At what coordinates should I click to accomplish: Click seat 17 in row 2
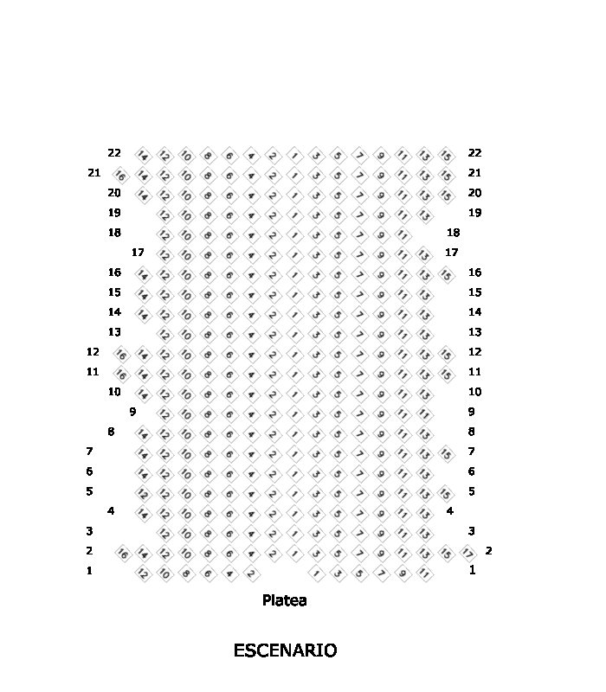point(467,553)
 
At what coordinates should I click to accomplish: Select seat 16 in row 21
point(121,175)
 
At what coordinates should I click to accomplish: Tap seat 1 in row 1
point(316,573)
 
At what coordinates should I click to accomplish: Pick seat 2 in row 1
point(251,573)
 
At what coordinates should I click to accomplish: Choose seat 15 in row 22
point(446,155)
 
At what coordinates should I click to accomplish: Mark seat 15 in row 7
point(446,453)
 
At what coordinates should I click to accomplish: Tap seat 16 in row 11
point(121,374)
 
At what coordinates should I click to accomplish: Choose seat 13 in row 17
point(424,254)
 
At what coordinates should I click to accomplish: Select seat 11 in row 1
point(424,573)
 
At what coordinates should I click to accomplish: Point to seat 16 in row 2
point(121,553)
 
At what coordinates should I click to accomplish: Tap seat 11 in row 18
point(403,234)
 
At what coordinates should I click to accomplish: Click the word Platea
point(284,599)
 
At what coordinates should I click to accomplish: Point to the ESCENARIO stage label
point(285,650)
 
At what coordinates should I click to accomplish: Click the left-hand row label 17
point(138,253)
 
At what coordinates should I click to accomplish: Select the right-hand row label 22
point(474,153)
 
